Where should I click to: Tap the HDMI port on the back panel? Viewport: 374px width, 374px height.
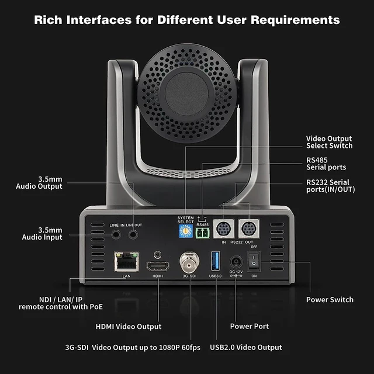pos(158,265)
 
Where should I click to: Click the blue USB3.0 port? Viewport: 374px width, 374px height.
pos(214,261)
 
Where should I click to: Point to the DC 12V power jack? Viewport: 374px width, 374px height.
pos(236,262)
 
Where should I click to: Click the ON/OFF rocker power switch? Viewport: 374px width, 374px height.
pos(254,262)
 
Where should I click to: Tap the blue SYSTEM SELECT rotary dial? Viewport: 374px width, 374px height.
pos(185,233)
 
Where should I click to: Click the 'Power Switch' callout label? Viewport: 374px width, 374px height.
pos(330,300)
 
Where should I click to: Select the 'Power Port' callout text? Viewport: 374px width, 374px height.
pos(250,326)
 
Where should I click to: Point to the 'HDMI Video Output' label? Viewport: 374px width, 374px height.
pos(129,326)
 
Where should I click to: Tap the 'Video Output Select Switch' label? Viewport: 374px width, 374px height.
pos(330,142)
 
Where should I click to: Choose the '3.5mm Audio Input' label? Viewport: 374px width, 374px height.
pos(42,234)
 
